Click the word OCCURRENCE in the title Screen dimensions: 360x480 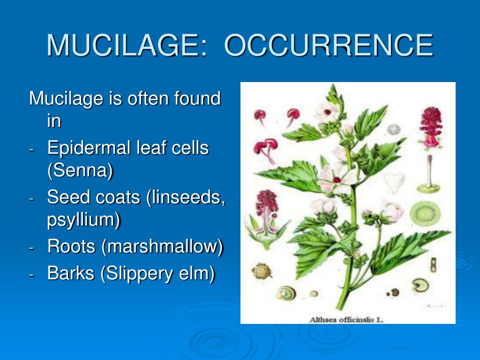(329, 45)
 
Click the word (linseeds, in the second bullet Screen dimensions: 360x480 (185, 197)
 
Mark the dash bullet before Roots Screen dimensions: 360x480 (31, 248)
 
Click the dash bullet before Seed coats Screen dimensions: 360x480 (31, 199)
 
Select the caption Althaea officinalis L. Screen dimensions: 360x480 (346, 320)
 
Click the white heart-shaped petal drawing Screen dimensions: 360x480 (394, 182)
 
